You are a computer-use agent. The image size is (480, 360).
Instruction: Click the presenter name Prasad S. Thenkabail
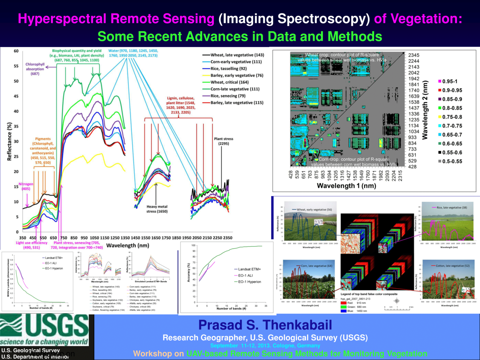[265, 325]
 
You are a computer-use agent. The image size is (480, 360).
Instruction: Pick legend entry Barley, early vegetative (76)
[237, 75]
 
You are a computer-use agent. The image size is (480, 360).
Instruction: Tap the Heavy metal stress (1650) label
[157, 209]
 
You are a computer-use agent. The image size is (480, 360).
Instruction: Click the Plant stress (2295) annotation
[223, 141]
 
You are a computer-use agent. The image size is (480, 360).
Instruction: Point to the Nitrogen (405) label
[26, 186]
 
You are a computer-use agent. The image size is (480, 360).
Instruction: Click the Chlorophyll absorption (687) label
[35, 69]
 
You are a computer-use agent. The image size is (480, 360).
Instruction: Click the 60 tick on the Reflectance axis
[16, 51]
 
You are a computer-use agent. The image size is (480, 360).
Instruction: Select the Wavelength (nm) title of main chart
[128, 245]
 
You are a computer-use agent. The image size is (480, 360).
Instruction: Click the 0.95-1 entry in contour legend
[449, 82]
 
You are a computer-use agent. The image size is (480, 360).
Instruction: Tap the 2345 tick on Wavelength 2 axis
[414, 55]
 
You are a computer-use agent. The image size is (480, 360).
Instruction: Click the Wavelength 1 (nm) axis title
[346, 186]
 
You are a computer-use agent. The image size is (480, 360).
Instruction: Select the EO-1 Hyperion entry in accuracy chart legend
[249, 282]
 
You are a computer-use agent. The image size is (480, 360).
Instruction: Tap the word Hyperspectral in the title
[62, 19]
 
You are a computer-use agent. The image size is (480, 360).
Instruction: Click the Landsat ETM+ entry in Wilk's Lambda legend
[54, 258]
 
